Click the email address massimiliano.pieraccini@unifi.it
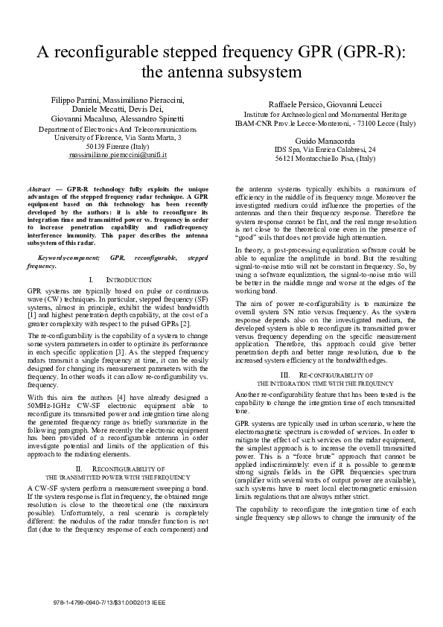[x=118, y=156]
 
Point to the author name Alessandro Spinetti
[x=156, y=118]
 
